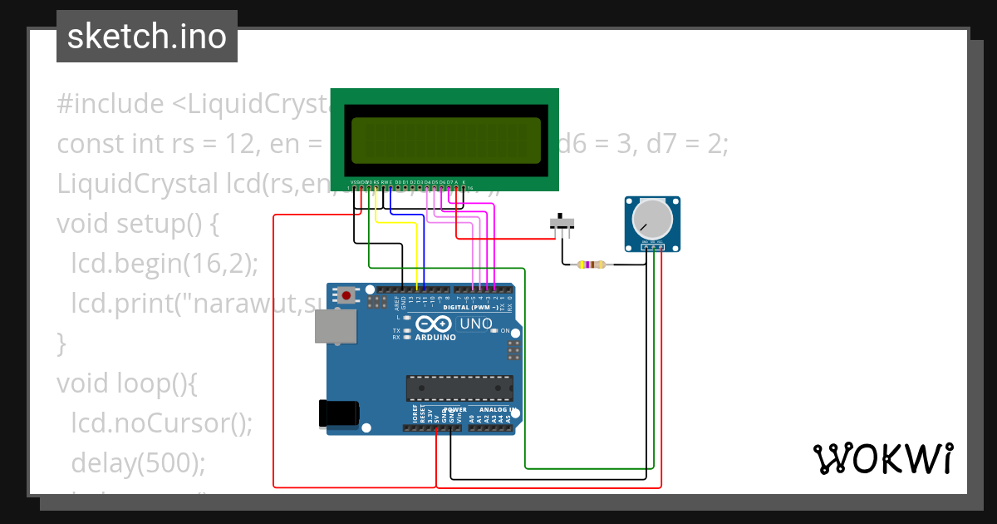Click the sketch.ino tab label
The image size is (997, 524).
click(x=146, y=37)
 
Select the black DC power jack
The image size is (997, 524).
click(x=339, y=414)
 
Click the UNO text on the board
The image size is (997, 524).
click(x=476, y=323)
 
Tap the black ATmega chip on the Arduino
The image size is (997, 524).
click(x=458, y=388)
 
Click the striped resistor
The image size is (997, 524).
click(x=591, y=264)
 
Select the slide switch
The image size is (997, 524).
click(x=563, y=225)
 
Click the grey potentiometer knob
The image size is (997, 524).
click(x=651, y=219)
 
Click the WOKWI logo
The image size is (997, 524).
click(x=882, y=458)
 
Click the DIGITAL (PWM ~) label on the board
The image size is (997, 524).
click(x=470, y=307)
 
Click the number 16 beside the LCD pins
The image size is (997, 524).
click(x=470, y=188)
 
